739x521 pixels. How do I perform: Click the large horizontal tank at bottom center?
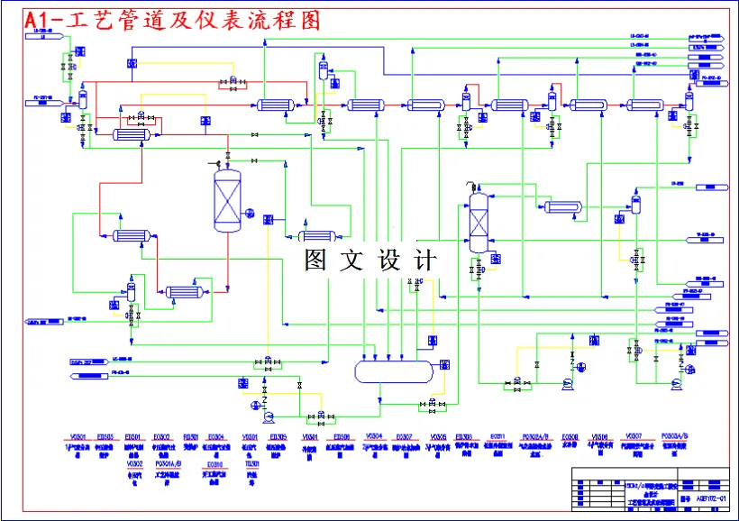pos(395,370)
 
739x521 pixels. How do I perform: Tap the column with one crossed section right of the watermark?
pos(478,221)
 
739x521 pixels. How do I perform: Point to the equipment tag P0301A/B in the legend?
pos(169,463)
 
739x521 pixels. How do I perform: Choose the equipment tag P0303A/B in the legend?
pos(674,436)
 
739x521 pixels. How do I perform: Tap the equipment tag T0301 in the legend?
pos(252,463)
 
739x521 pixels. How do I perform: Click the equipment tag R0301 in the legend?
pos(191,436)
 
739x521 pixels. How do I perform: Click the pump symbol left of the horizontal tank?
pos(268,417)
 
